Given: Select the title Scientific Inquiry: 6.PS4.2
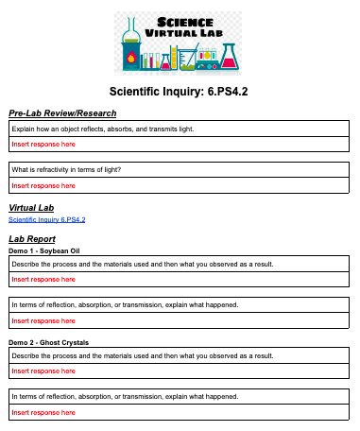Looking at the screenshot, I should (x=179, y=93).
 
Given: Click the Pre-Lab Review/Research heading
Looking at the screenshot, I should (x=56, y=113).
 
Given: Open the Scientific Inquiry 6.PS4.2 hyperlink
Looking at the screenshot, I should (x=46, y=219).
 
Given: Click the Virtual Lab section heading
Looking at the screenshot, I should (x=31, y=207).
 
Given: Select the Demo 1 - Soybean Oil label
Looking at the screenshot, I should (x=44, y=250).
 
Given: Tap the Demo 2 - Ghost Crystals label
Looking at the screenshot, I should (x=48, y=341).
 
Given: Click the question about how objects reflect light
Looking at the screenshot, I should (x=102, y=129).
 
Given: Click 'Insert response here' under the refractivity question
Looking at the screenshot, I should (x=43, y=185).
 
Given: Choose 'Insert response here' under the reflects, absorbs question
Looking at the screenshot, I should (x=43, y=144).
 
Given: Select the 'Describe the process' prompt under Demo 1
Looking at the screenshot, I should (x=142, y=264).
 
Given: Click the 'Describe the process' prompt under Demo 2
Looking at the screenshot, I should (x=142, y=355).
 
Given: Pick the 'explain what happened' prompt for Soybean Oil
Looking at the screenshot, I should (x=123, y=305).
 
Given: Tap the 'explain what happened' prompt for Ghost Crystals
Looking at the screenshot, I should (x=123, y=396).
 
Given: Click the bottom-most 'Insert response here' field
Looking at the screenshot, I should (x=43, y=412).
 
